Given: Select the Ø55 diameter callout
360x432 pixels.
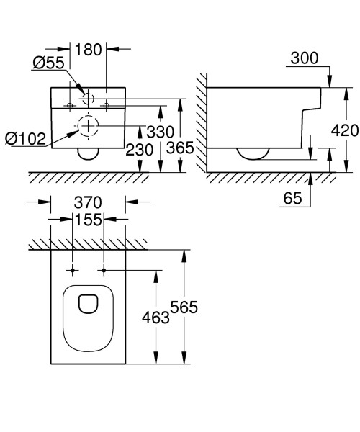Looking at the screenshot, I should pos(48,63).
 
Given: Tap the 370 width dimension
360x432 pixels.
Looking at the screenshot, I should pos(88,202).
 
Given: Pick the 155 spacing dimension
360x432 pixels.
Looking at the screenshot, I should pos(89,222).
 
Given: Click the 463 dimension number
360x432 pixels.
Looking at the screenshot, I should pos(156,318).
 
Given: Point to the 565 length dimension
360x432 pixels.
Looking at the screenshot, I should pos(184,307).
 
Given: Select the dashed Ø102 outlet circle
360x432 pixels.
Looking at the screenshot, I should pos(88,127).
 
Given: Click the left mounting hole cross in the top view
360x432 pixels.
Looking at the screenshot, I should pos(72,271).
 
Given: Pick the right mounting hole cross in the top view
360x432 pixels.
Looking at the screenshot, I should pos(104,271).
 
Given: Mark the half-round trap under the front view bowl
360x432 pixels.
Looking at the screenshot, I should pos(89,154).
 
